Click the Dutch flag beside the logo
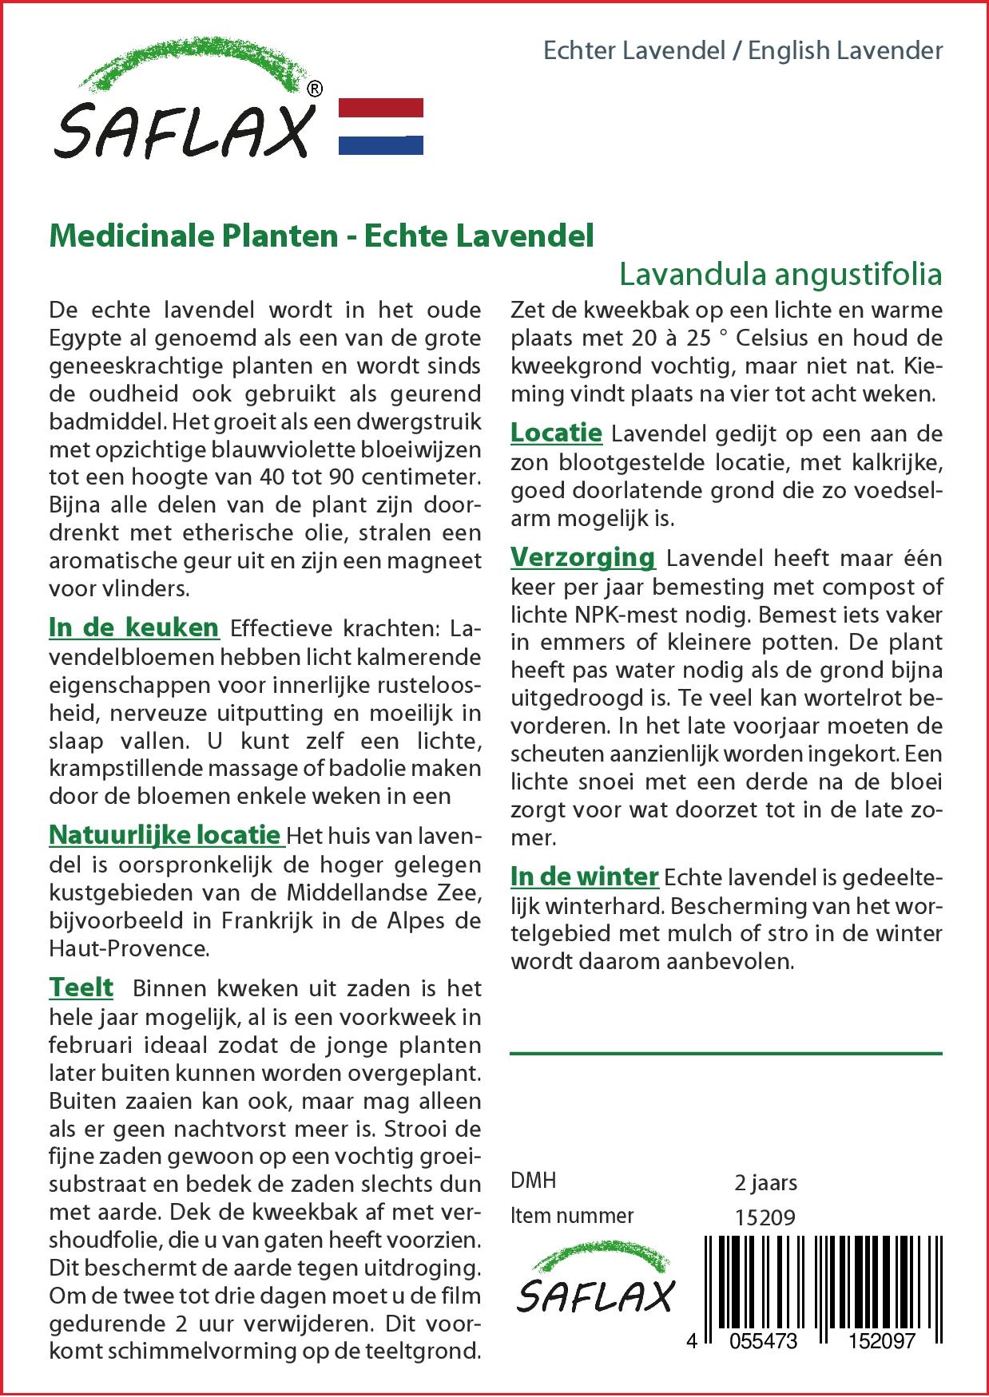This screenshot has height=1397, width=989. [381, 126]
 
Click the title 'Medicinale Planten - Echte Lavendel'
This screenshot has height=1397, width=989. [321, 236]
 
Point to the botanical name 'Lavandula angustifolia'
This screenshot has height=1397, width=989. [780, 274]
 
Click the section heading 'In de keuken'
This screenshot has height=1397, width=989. [133, 627]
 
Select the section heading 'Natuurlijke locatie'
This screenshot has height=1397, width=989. [165, 835]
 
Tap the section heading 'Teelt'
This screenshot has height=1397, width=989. [81, 987]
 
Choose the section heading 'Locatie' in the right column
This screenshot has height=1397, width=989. [556, 433]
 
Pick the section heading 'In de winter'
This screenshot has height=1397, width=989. [584, 877]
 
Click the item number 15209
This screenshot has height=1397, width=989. [765, 1217]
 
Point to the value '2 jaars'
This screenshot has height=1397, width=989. [765, 1182]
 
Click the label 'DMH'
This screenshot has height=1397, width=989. [533, 1181]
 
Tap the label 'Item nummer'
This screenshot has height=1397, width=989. [572, 1216]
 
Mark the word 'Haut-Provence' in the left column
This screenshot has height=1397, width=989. [129, 948]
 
